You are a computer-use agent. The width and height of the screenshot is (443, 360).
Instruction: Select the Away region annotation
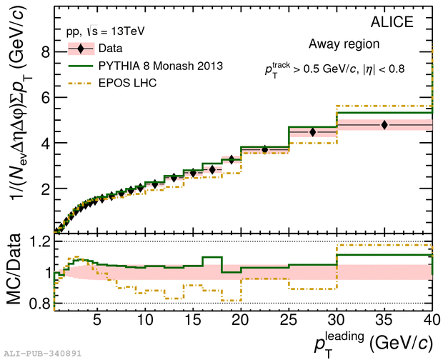click(344, 44)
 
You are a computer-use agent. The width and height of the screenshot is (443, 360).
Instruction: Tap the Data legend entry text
click(110, 49)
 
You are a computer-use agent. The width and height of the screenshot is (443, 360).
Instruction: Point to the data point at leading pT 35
click(384, 125)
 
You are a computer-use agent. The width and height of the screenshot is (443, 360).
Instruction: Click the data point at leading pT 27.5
click(312, 132)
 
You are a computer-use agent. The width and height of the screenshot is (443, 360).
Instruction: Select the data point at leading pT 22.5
click(264, 149)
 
